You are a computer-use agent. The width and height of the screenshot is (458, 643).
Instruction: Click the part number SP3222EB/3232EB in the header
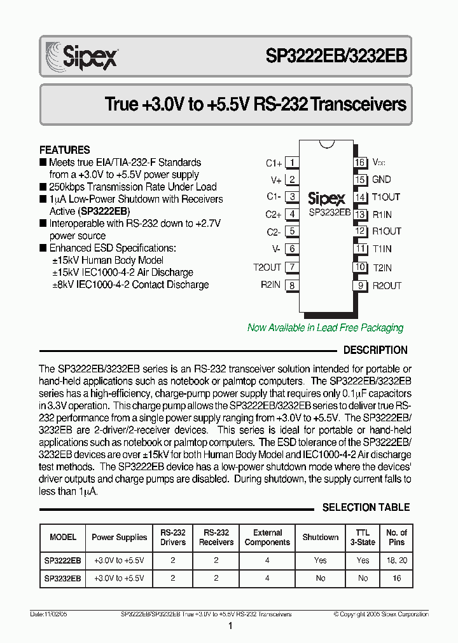(336, 55)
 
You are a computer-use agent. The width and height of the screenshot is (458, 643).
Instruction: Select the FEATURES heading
(65, 150)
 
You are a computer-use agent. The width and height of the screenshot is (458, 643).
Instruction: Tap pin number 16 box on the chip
(360, 163)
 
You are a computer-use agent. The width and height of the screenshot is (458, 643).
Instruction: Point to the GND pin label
(382, 180)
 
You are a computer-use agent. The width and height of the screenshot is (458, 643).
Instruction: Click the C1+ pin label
(274, 163)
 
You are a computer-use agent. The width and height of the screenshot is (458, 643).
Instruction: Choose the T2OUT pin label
(267, 267)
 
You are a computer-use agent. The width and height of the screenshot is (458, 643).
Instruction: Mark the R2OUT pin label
(387, 286)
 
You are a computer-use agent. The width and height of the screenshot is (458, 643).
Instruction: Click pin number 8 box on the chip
(292, 285)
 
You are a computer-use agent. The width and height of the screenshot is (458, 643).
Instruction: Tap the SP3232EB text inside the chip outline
(329, 212)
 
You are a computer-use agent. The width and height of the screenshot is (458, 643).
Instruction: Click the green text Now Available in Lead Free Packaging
(325, 328)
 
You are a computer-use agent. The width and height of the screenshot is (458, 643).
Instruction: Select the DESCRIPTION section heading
(375, 350)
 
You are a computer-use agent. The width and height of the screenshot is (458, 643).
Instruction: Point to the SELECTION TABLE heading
(366, 508)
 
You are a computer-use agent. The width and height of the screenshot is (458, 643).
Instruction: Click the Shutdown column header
(321, 538)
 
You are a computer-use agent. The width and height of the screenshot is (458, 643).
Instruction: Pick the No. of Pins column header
(396, 538)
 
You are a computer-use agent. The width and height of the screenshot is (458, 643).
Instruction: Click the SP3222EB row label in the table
(63, 560)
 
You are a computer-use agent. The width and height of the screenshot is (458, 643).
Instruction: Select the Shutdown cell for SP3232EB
(321, 579)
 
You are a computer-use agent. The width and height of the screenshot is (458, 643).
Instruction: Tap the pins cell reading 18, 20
(396, 560)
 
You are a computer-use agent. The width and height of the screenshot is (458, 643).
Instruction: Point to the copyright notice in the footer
(381, 614)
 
